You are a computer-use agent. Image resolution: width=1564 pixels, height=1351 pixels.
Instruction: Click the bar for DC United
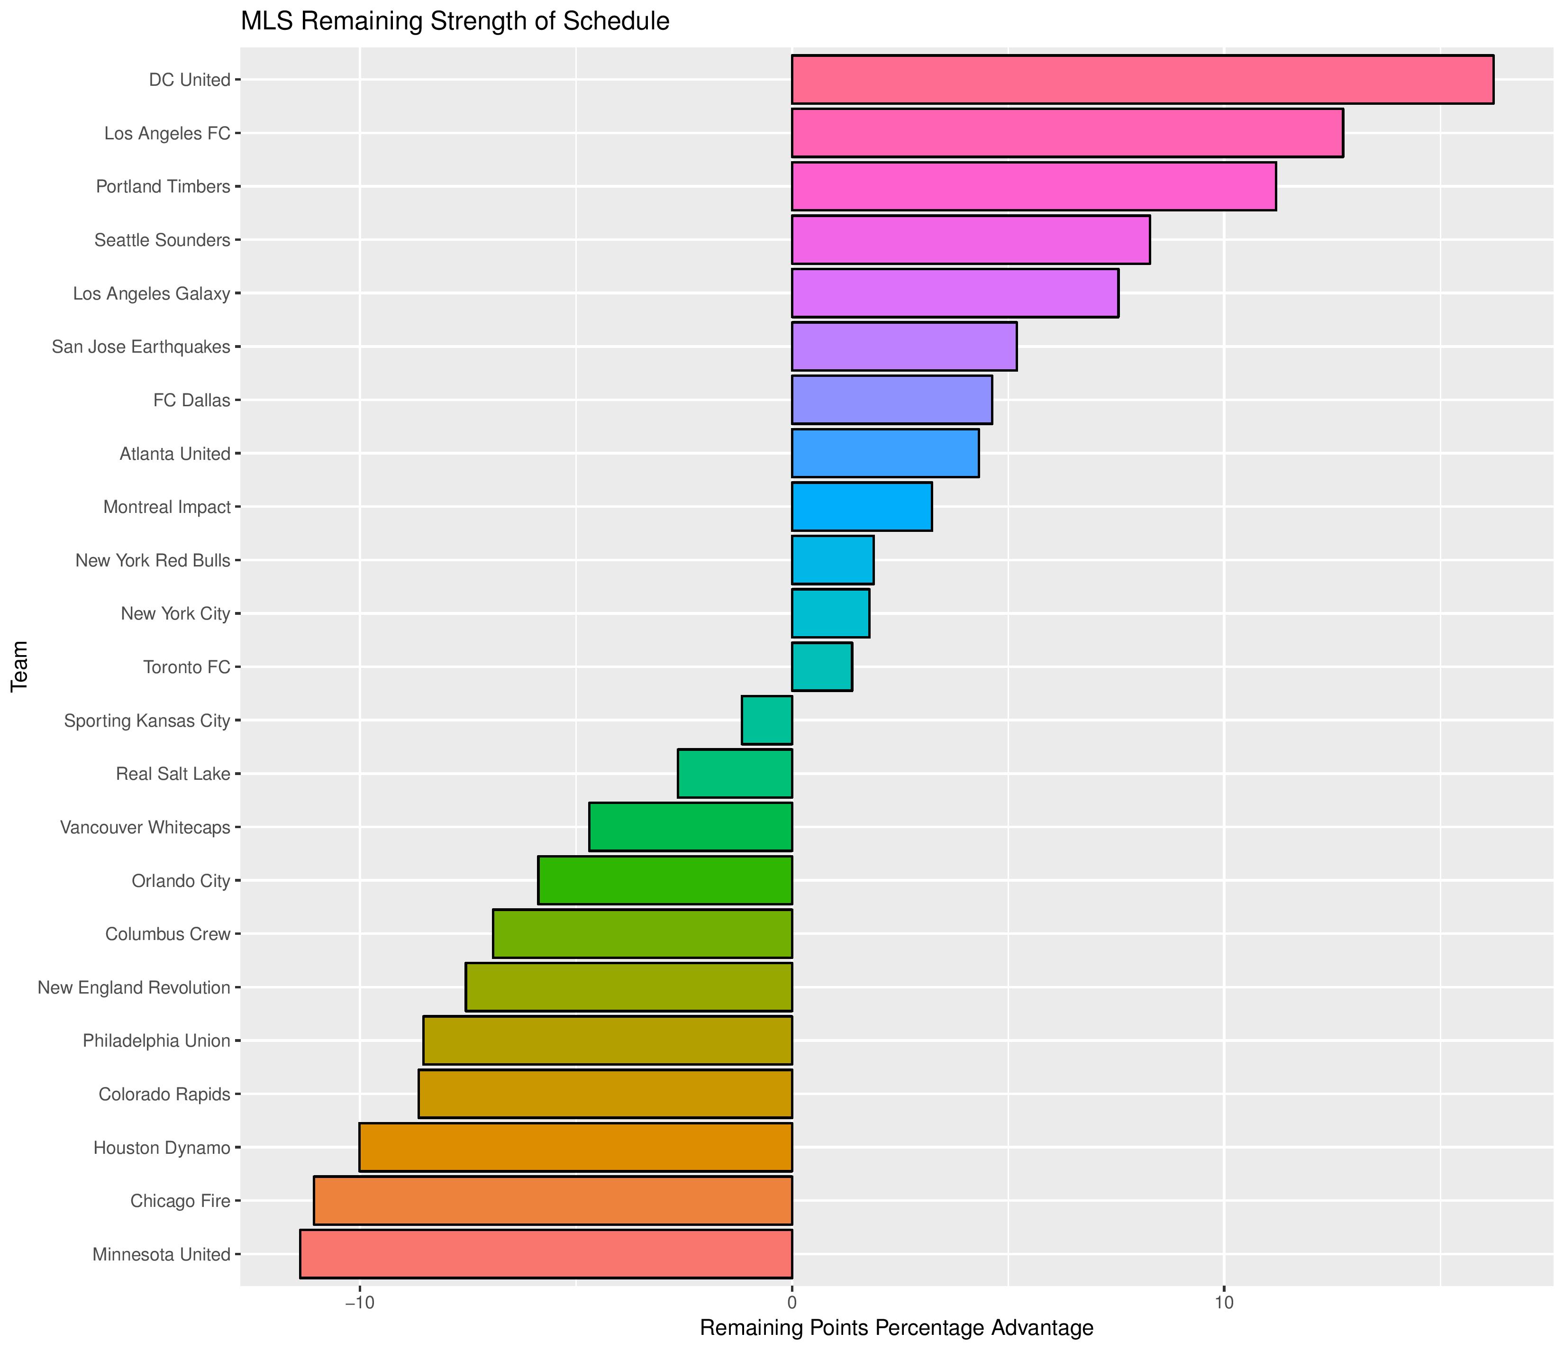pyautogui.click(x=1142, y=79)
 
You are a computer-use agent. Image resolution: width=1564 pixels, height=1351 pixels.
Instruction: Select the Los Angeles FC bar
pyautogui.click(x=1066, y=133)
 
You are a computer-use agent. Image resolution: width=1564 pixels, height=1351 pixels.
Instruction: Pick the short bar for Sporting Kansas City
pyautogui.click(x=767, y=721)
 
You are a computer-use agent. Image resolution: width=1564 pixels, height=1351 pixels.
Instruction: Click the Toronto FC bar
pyautogui.click(x=822, y=667)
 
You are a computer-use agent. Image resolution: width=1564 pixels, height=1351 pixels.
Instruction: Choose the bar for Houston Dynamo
pyautogui.click(x=575, y=1148)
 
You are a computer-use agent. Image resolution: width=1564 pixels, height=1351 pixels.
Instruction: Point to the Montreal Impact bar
pyautogui.click(x=861, y=507)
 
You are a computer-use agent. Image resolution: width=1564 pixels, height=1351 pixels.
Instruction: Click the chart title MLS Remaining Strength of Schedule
pyautogui.click(x=455, y=21)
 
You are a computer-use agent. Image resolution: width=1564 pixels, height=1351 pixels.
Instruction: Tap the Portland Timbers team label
pyautogui.click(x=163, y=186)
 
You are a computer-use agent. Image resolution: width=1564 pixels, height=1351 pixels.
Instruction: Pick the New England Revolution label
pyautogui.click(x=134, y=988)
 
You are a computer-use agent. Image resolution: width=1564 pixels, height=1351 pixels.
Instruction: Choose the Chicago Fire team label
pyautogui.click(x=180, y=1201)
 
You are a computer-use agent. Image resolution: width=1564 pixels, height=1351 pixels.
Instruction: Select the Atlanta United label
pyautogui.click(x=175, y=454)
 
